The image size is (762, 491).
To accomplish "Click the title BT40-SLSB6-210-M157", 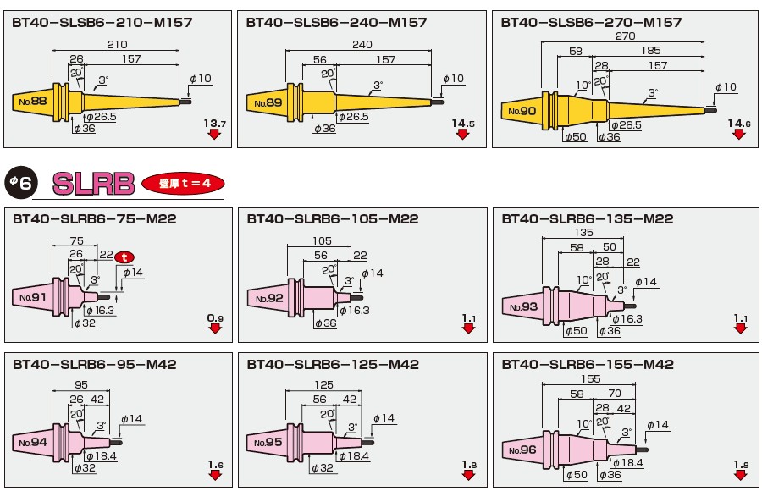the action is pyautogui.click(x=102, y=22).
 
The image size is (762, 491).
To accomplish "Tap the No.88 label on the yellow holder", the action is pyautogui.click(x=33, y=101).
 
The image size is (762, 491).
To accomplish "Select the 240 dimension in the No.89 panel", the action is pyautogui.click(x=362, y=44).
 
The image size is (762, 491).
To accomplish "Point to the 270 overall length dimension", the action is pyautogui.click(x=625, y=36).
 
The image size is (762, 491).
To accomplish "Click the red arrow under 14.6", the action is pyautogui.click(x=739, y=134).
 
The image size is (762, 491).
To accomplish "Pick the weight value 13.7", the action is pyautogui.click(x=215, y=123).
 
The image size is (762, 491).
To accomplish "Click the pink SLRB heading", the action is pyautogui.click(x=93, y=183).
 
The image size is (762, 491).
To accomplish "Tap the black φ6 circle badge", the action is pyautogui.click(x=20, y=182).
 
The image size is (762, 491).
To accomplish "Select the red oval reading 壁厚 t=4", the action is pyautogui.click(x=183, y=183).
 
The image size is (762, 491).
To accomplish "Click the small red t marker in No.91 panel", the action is pyautogui.click(x=124, y=257).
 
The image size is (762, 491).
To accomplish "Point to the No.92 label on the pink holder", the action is pyautogui.click(x=269, y=298).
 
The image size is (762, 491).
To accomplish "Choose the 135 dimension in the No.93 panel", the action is pyautogui.click(x=583, y=232).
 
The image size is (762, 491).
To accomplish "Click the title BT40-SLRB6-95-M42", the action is pyautogui.click(x=94, y=365).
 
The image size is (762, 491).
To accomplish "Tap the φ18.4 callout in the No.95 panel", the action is pyautogui.click(x=354, y=456).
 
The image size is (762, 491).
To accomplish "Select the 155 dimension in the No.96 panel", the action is pyautogui.click(x=590, y=378).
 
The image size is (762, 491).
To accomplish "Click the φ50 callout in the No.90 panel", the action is pyautogui.click(x=576, y=137).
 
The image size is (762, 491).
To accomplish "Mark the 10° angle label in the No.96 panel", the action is pyautogui.click(x=584, y=424).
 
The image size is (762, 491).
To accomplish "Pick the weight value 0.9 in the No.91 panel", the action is pyautogui.click(x=215, y=318).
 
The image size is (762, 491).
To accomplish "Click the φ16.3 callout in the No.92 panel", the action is pyautogui.click(x=355, y=311).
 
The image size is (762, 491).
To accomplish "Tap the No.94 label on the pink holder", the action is pyautogui.click(x=33, y=443).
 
